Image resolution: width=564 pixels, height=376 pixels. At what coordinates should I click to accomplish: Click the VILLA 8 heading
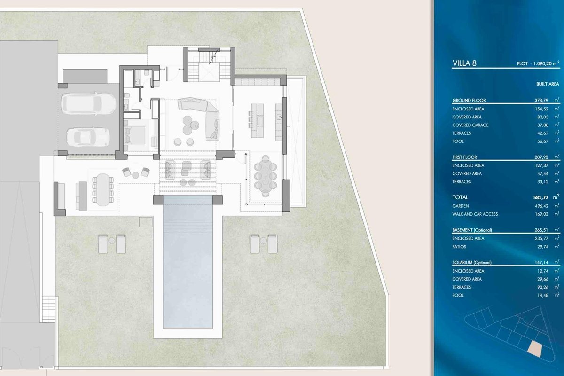[464, 63]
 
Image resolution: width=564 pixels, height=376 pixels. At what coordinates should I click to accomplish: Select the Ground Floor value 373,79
[541, 100]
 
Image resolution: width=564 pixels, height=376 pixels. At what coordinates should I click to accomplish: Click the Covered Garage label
[470, 125]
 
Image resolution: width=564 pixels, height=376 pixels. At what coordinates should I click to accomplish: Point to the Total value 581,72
[540, 198]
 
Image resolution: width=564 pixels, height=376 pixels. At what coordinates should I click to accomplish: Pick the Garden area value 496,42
[541, 206]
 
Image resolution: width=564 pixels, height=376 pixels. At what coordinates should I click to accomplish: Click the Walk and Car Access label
[475, 214]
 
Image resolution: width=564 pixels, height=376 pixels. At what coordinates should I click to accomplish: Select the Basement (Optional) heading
[472, 230]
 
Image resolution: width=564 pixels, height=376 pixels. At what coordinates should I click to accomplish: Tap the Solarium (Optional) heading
[471, 262]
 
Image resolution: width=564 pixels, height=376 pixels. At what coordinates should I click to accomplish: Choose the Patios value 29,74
[542, 247]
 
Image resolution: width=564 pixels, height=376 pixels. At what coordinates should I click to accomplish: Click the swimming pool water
[188, 262]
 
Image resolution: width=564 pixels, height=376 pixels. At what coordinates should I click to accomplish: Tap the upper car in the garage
[88, 103]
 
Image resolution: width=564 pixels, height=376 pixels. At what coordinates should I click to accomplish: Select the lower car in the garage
[88, 137]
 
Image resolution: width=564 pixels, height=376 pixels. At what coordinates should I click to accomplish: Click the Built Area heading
[548, 84]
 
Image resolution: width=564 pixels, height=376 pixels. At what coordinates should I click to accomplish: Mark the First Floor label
[464, 157]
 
